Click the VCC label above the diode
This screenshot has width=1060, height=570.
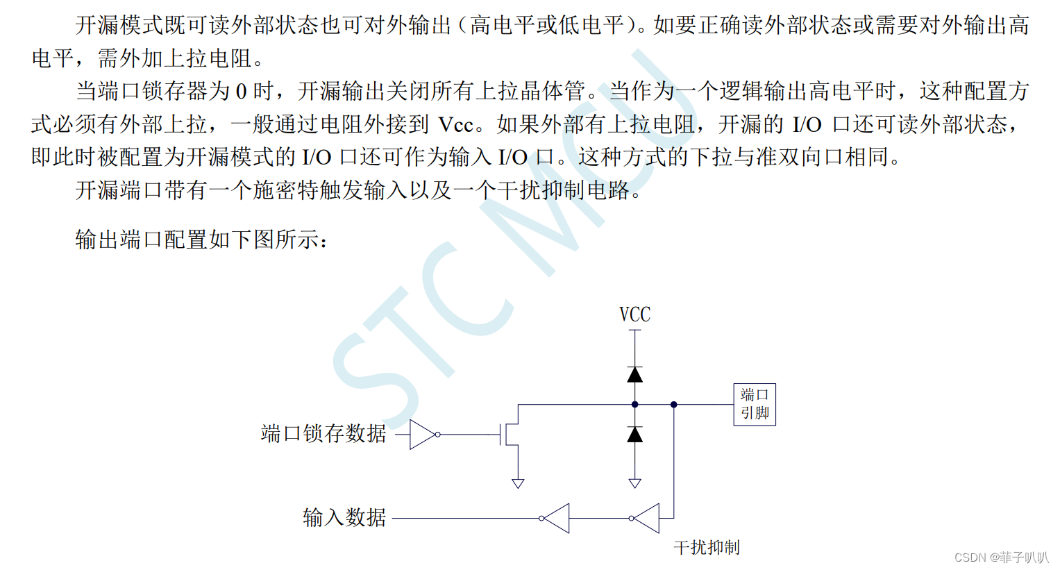634,315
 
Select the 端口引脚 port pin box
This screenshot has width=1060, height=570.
755,404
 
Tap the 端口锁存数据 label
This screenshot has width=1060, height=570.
323,434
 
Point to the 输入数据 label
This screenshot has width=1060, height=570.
344,517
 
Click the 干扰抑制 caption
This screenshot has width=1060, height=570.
707,548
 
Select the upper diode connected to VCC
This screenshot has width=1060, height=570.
634,375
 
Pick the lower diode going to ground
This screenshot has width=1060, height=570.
634,435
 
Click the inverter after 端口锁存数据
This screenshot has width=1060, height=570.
423,435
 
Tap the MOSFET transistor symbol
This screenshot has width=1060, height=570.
510,434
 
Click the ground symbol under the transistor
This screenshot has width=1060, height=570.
518,483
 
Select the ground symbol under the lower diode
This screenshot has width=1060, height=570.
634,483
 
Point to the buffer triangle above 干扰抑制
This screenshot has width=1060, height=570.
646,518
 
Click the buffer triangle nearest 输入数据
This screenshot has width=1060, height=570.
556,518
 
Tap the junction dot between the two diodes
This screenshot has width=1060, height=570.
634,404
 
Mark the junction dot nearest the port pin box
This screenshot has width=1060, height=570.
673,404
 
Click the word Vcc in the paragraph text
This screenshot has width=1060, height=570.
455,125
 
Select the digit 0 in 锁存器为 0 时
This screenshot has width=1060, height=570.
241,92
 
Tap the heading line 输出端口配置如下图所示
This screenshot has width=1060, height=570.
201,240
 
